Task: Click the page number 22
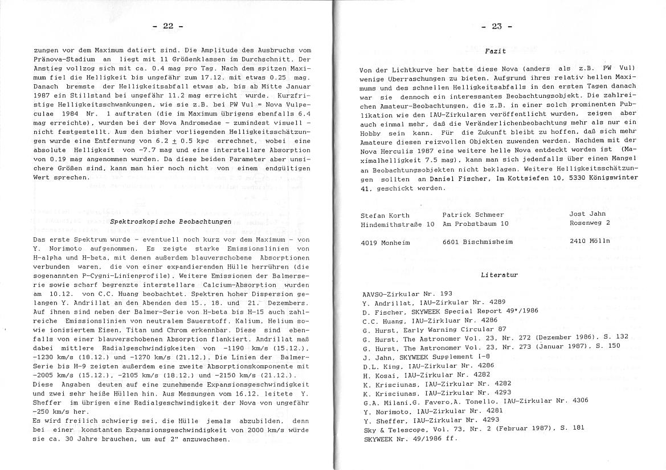(x=167, y=26)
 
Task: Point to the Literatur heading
(x=500, y=275)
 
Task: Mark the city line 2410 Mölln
(x=590, y=241)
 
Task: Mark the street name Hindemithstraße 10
(x=397, y=224)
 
